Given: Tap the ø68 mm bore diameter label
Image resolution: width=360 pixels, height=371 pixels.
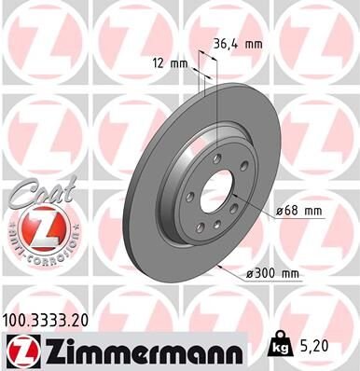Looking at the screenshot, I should click(297, 211).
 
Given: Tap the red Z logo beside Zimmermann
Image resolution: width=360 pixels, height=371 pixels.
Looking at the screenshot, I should click(22, 350).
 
